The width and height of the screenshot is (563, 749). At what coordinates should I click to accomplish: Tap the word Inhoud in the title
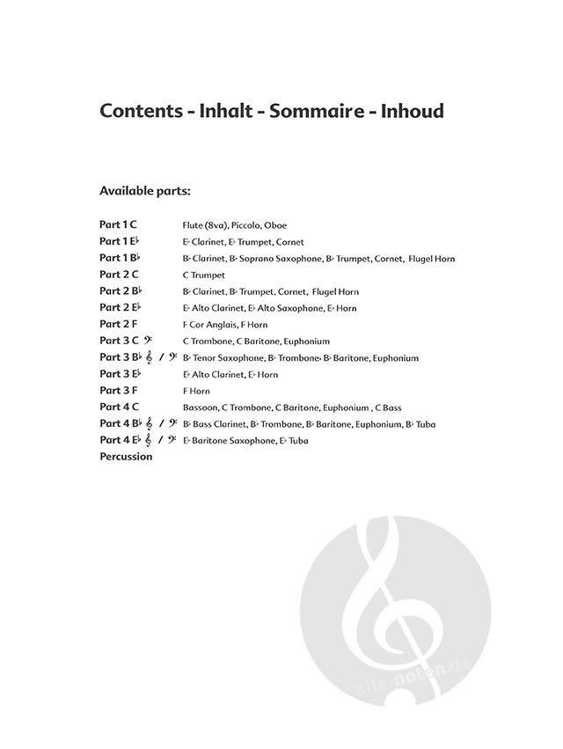point(413,112)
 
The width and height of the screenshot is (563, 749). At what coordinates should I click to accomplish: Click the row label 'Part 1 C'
point(118,224)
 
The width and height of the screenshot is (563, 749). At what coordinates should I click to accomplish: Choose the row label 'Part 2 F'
point(118,324)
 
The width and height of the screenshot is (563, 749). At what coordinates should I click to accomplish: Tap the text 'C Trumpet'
point(204,275)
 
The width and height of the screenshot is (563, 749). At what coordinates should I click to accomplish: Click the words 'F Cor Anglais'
point(208,325)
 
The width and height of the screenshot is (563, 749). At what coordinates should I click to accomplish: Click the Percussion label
point(126,457)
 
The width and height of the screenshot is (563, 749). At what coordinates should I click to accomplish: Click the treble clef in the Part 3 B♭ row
point(150,357)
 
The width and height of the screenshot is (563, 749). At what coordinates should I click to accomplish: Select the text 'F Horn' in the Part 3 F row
point(196,391)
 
